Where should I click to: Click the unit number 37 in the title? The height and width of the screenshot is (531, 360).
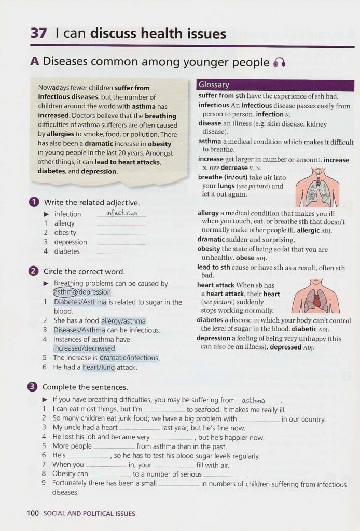click(x=39, y=34)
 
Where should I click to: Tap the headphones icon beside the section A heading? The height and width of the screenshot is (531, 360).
click(x=280, y=63)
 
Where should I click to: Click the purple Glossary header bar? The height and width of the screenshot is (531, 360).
click(x=275, y=85)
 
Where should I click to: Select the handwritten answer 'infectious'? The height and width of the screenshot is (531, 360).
click(x=122, y=213)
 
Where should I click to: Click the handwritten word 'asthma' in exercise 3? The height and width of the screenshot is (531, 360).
click(x=254, y=400)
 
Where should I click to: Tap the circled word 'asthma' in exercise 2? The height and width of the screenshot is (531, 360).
click(x=65, y=292)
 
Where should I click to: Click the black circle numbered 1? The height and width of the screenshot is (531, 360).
click(x=34, y=202)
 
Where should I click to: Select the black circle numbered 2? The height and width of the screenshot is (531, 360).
click(x=34, y=271)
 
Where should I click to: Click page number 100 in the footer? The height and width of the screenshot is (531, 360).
click(x=33, y=513)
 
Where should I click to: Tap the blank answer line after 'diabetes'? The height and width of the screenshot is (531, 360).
click(x=121, y=252)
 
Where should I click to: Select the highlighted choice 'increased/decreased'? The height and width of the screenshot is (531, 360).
click(x=84, y=348)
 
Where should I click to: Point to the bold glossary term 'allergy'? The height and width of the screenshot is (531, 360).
click(x=209, y=213)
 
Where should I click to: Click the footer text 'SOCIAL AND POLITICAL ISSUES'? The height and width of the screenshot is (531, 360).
click(x=89, y=514)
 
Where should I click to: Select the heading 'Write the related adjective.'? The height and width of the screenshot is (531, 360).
click(x=92, y=202)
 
